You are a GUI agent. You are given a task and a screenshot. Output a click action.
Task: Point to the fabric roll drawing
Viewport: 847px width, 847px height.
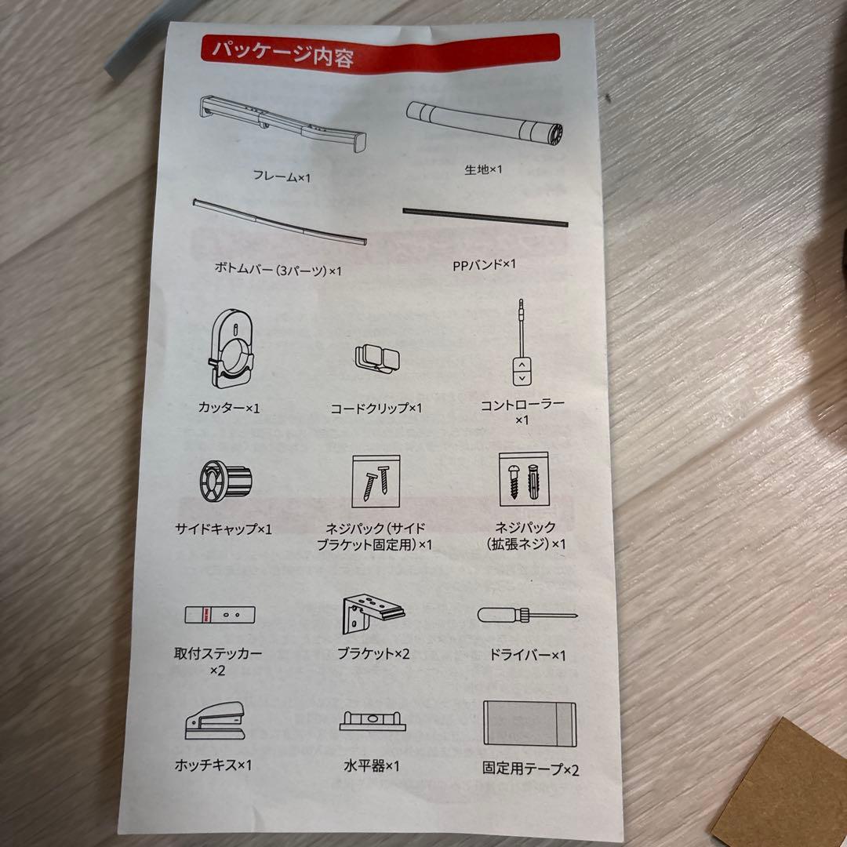(x=487, y=124)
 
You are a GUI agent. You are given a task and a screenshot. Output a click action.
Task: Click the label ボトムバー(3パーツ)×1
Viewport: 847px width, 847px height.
(x=278, y=270)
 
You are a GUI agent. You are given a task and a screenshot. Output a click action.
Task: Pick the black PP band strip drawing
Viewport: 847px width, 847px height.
(x=485, y=216)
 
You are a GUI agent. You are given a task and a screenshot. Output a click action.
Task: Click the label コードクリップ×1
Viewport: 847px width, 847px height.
(x=376, y=409)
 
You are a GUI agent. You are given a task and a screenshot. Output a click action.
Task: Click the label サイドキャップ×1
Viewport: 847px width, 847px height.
(x=223, y=529)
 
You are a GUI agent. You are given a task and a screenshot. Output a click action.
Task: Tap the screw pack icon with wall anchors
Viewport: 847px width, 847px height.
(x=523, y=479)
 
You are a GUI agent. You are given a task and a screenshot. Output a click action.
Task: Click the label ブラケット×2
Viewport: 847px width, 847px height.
(x=373, y=653)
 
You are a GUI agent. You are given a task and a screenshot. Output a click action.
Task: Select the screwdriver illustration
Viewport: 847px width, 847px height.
(x=526, y=616)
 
